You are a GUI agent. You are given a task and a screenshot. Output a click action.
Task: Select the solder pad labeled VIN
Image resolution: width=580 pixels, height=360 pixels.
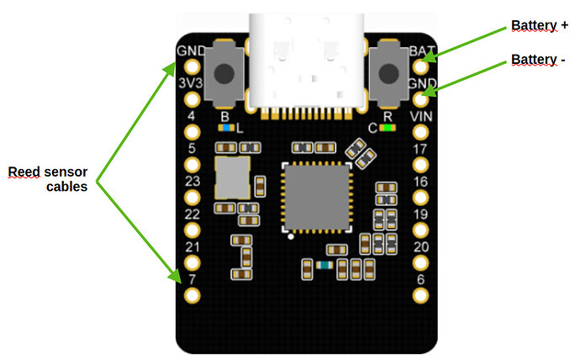click(x=421, y=131)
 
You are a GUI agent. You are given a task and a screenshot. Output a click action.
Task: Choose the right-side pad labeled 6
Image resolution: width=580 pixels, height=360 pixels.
click(x=421, y=294)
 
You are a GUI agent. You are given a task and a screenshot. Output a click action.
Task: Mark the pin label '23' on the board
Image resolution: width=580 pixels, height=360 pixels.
click(x=192, y=181)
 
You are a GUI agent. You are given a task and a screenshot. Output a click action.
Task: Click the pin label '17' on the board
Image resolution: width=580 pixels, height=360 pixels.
click(x=421, y=149)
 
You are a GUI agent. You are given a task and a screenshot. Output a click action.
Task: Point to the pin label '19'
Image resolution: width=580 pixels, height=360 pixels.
click(x=421, y=214)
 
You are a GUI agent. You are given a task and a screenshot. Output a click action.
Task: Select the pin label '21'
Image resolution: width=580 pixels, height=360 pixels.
click(x=192, y=246)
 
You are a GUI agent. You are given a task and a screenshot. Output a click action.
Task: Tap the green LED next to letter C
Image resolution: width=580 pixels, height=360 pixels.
click(x=388, y=129)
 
